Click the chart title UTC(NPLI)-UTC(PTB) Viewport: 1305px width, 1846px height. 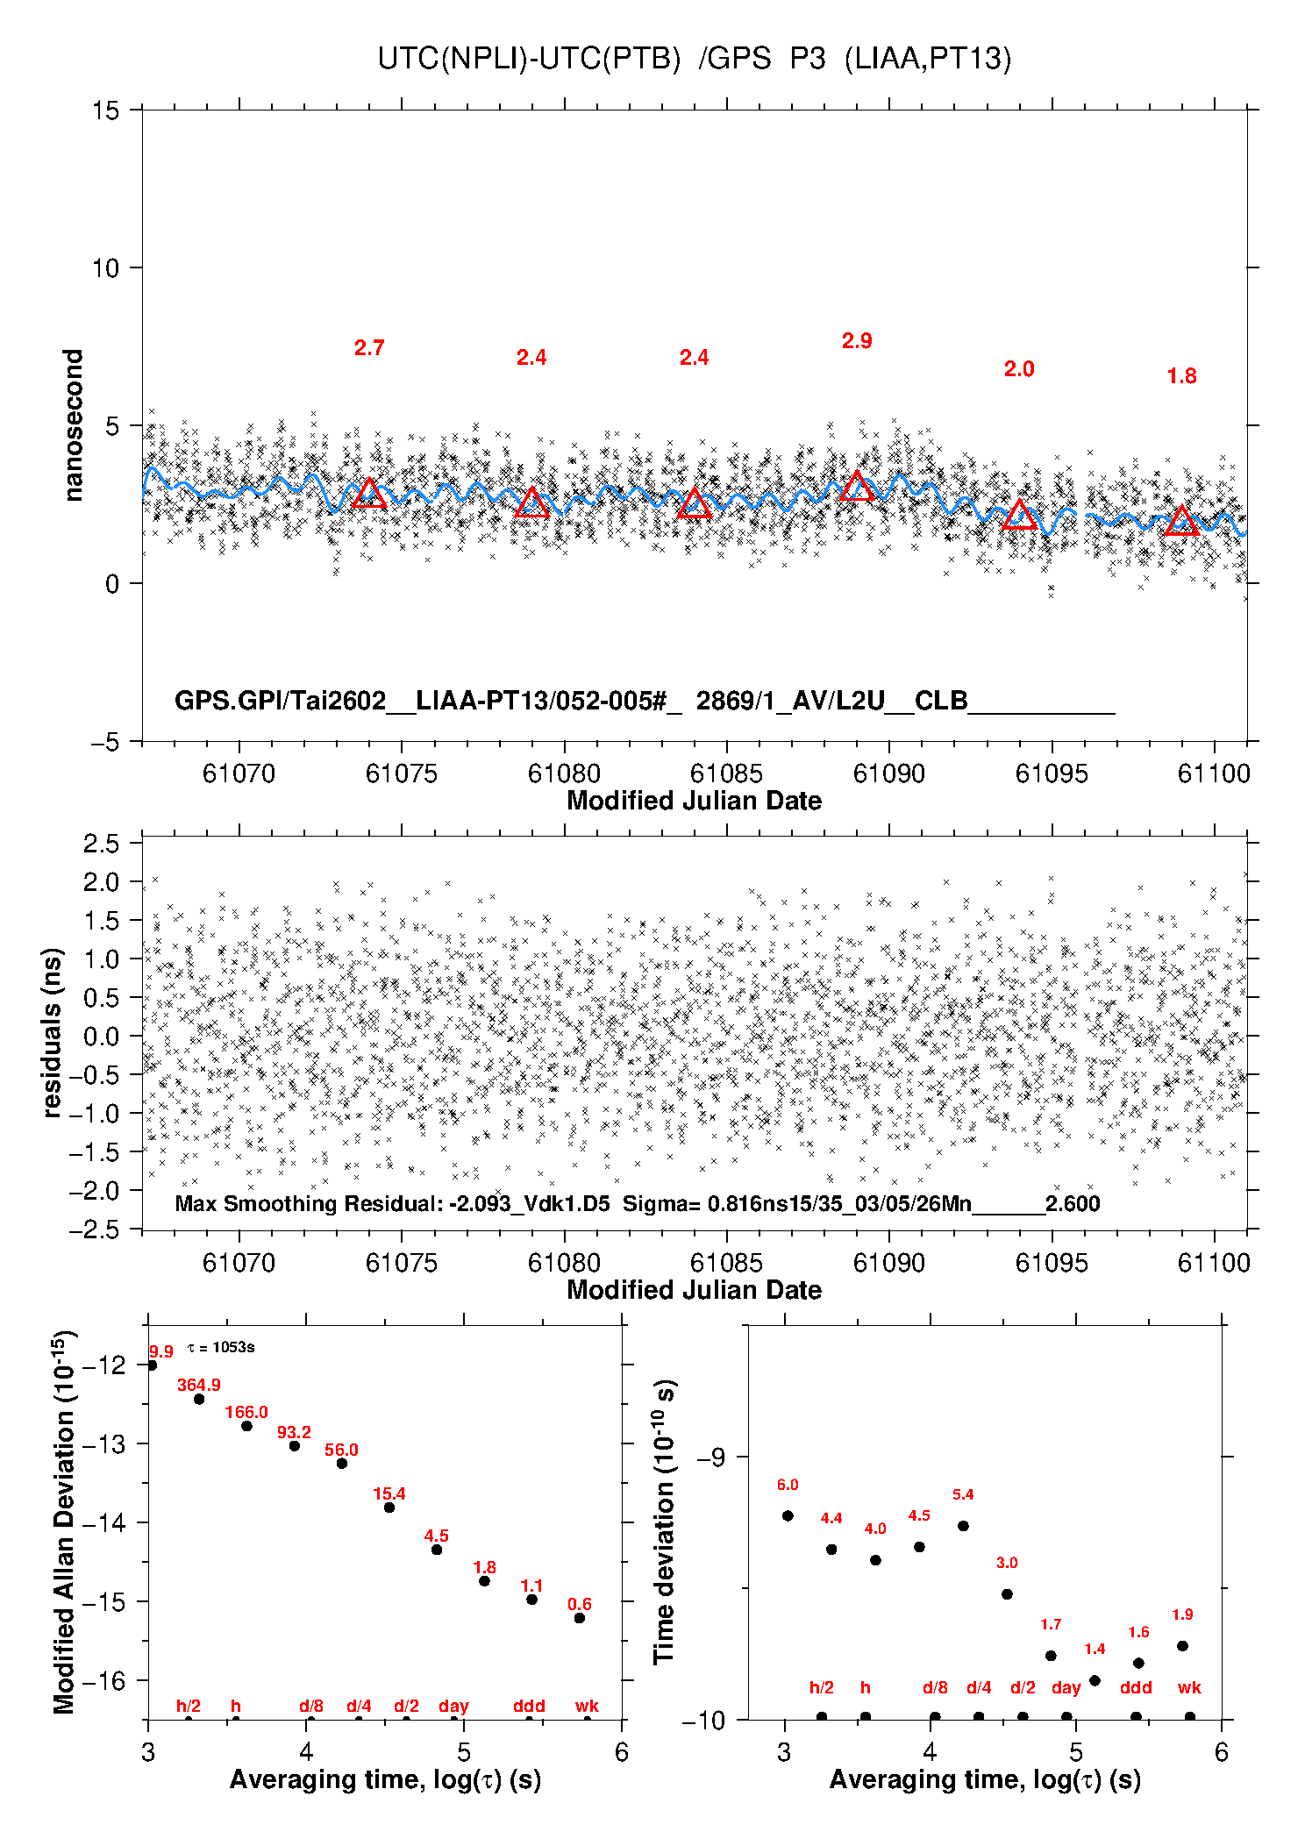pyautogui.click(x=529, y=59)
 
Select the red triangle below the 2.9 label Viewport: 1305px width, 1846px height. pyautogui.click(x=857, y=487)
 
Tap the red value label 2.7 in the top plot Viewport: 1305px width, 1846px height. pyautogui.click(x=369, y=348)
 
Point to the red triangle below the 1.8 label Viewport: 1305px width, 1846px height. pyautogui.click(x=1181, y=522)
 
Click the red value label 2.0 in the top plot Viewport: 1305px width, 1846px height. pyautogui.click(x=1019, y=369)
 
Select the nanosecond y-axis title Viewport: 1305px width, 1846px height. pyautogui.click(x=73, y=425)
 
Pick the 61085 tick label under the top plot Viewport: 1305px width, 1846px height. pyautogui.click(x=726, y=773)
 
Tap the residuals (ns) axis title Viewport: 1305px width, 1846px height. pyautogui.click(x=53, y=1032)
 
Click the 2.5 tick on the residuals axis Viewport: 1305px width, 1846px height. pyautogui.click(x=101, y=844)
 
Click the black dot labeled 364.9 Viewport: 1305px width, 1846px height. pyautogui.click(x=199, y=1399)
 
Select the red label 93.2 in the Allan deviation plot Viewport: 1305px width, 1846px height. pyautogui.click(x=294, y=1432)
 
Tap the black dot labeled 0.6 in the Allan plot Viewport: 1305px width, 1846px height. pyautogui.click(x=580, y=1618)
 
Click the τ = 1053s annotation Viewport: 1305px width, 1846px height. pyautogui.click(x=221, y=1347)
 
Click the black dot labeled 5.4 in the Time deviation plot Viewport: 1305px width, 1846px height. pyautogui.click(x=963, y=1526)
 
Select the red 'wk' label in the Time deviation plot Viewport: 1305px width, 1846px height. pyautogui.click(x=1189, y=1688)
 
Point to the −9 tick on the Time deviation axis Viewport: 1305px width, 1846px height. pyautogui.click(x=710, y=1457)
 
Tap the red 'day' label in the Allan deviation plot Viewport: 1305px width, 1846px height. pyautogui.click(x=453, y=1706)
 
